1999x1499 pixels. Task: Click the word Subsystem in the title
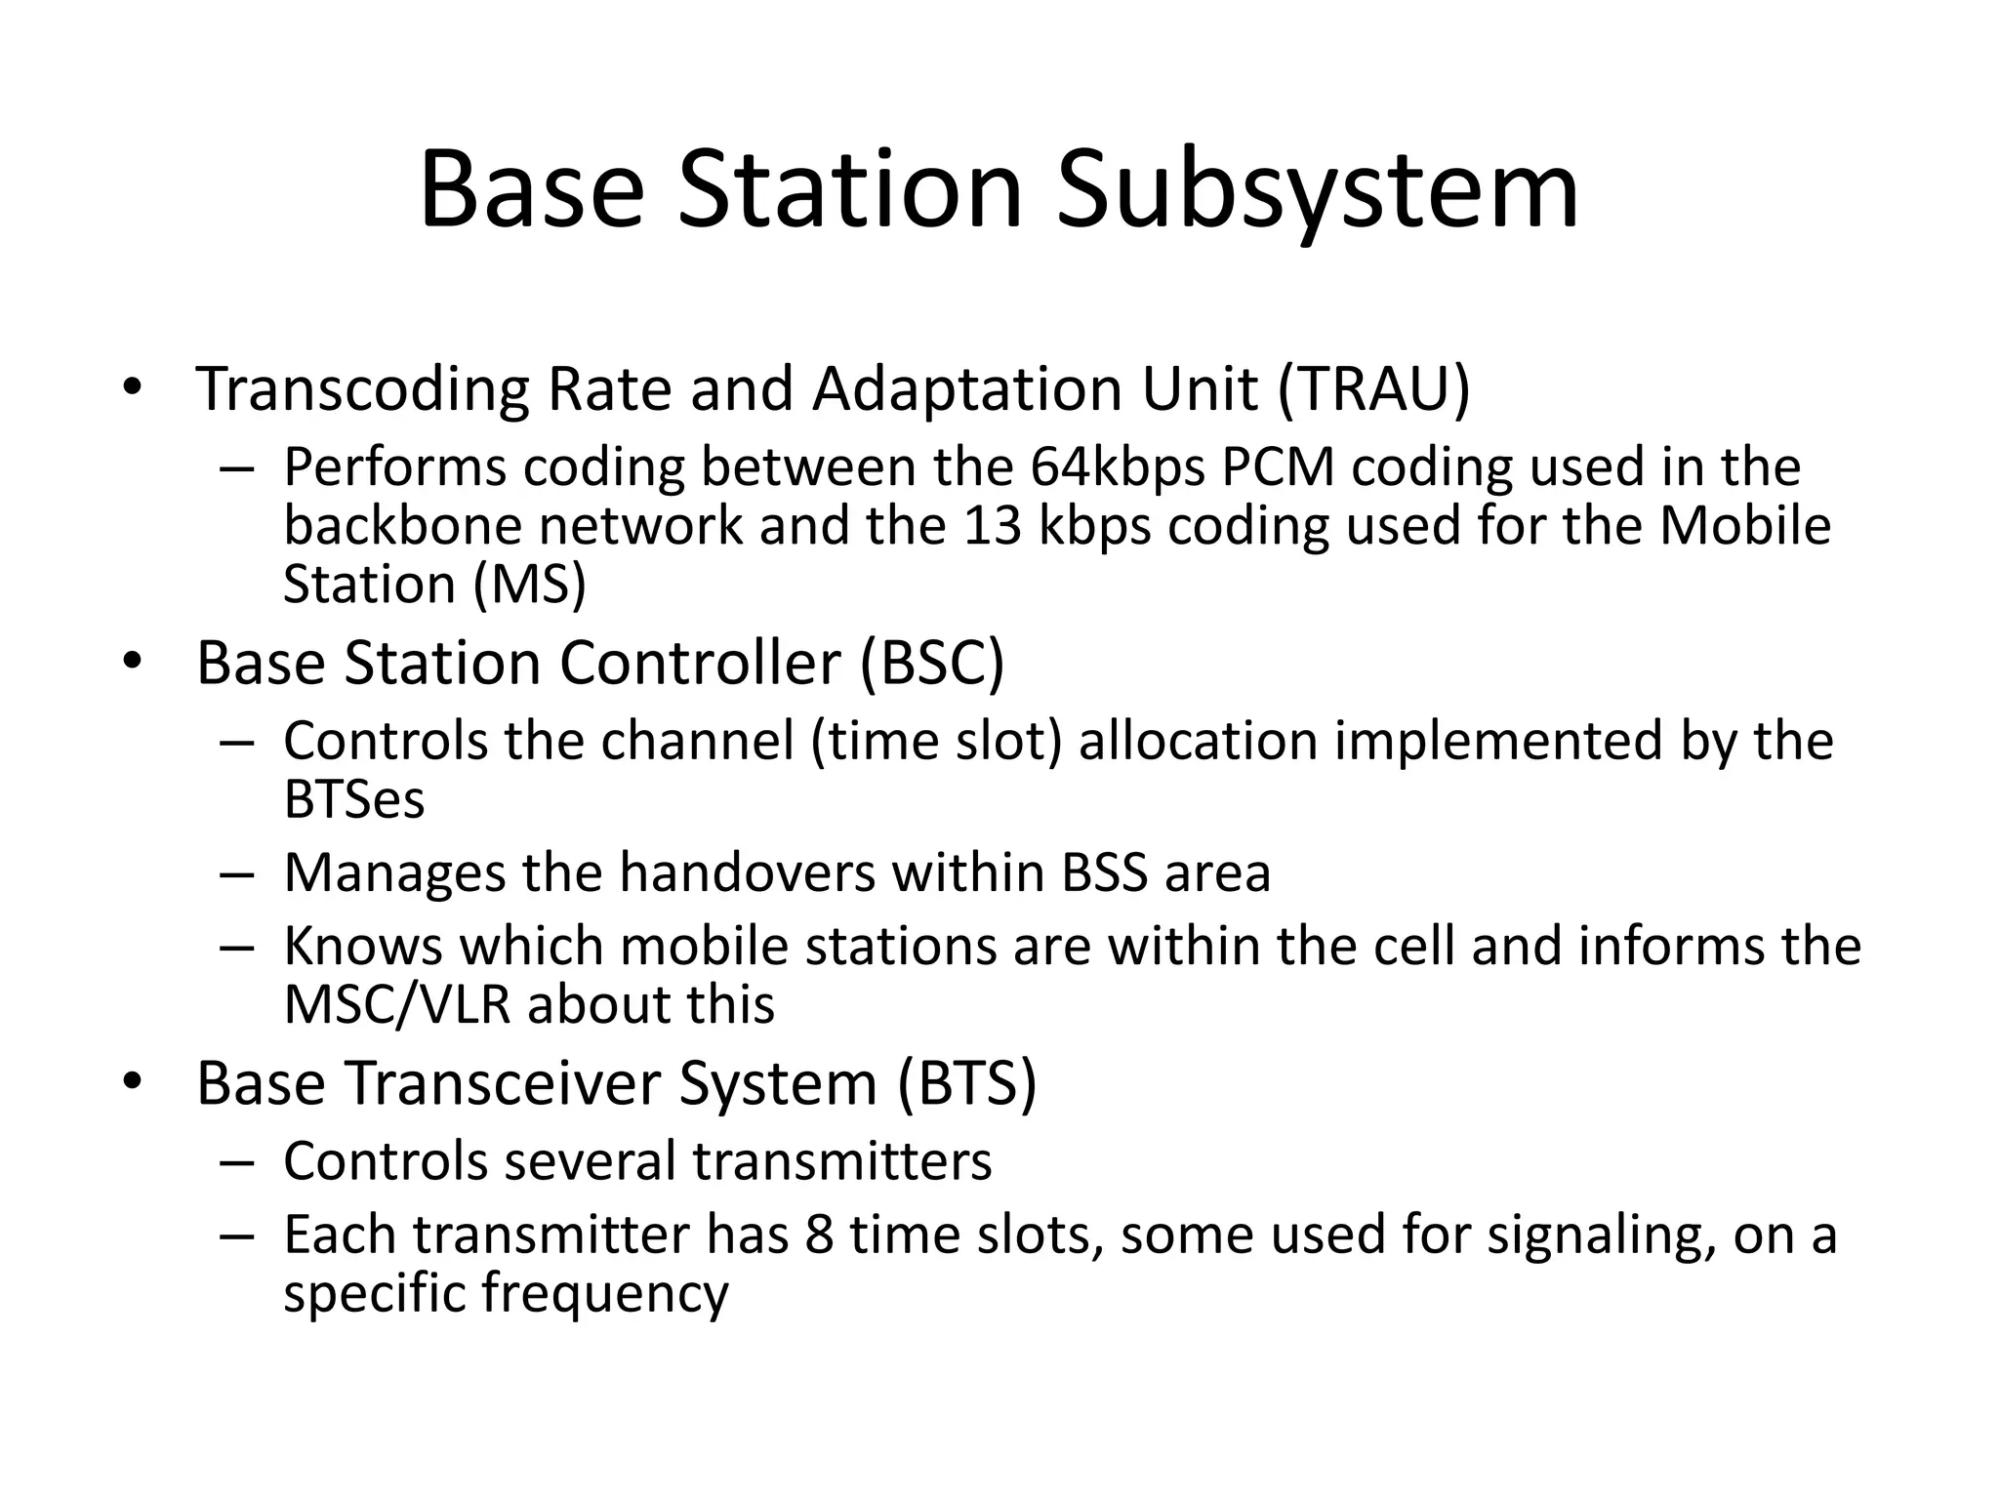[1317, 190]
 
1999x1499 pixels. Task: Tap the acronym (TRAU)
[1372, 389]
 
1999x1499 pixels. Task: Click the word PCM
[1277, 467]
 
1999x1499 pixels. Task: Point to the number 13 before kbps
[992, 526]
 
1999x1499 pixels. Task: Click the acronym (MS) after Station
[530, 585]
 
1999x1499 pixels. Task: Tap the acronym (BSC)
[932, 664]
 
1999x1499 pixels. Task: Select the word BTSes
[353, 800]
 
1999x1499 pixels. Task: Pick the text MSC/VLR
[396, 1005]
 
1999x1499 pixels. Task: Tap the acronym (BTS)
[965, 1083]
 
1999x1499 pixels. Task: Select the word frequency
[604, 1294]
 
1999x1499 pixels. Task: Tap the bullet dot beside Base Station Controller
[133, 664]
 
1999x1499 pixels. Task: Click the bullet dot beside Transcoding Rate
[133, 389]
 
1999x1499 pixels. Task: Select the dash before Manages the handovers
[236, 874]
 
